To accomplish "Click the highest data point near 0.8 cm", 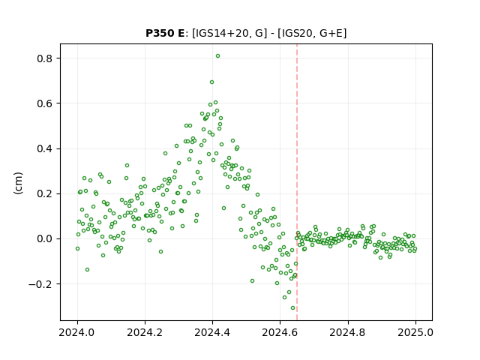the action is tap(217, 56).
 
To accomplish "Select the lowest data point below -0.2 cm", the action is tap(293, 308).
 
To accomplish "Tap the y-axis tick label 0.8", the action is tap(44, 58).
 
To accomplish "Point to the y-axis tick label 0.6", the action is tap(44, 103).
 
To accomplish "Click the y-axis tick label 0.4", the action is tap(44, 148).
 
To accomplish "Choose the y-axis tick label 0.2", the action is tap(44, 193).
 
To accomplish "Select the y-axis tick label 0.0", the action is tap(44, 238).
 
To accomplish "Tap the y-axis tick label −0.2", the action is tap(40, 284).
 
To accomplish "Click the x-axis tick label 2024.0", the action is tap(77, 332).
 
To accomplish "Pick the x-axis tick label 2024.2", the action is tap(145, 332).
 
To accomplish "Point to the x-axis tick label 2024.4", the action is tap(212, 332).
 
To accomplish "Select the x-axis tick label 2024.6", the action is tap(280, 332).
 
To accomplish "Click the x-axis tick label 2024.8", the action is tap(347, 332).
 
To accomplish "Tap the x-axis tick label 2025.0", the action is tap(415, 332).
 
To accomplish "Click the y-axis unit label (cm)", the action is tap(18, 183).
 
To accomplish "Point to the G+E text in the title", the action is tap(331, 33).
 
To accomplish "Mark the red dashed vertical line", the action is tap(297, 182).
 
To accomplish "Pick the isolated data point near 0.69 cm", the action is tap(211, 82).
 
